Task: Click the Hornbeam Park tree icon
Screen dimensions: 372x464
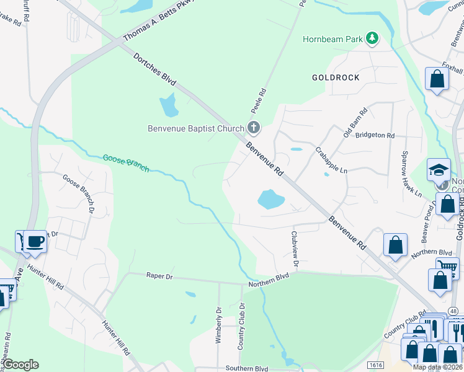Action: (x=372, y=39)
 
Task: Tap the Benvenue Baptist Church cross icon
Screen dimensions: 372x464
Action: (x=253, y=128)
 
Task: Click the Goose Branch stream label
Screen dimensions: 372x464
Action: (x=126, y=163)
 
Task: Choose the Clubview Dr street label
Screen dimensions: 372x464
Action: (x=295, y=250)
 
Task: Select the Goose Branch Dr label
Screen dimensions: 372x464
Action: (x=77, y=193)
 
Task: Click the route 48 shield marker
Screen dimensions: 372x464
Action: (x=454, y=311)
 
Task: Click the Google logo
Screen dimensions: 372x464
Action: (x=20, y=365)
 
